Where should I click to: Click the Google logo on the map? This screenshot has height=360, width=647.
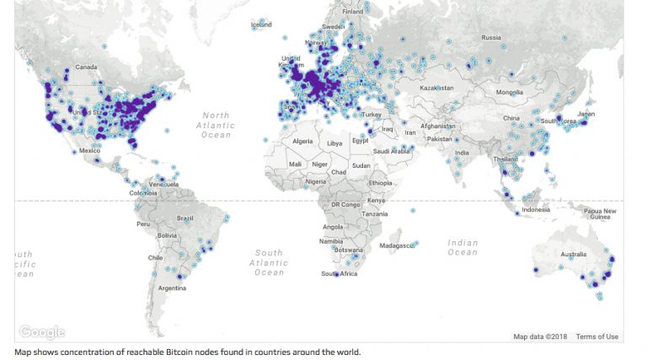(41, 332)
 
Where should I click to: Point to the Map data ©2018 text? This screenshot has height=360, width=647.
(541, 337)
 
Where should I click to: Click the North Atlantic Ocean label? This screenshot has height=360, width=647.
(216, 125)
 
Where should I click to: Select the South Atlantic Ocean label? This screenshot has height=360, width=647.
(269, 262)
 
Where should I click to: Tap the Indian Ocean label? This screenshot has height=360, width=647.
(463, 247)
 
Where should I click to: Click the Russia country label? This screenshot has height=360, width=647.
(491, 37)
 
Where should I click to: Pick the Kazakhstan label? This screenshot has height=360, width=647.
(437, 88)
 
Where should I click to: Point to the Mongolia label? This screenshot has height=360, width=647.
(510, 92)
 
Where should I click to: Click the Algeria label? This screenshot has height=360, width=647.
(302, 141)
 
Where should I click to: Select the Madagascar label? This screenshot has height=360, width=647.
(398, 245)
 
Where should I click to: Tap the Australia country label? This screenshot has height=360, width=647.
(574, 255)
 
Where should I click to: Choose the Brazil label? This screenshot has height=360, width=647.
(184, 218)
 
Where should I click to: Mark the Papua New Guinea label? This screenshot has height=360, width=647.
(600, 214)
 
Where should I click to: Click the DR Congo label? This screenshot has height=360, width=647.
(345, 205)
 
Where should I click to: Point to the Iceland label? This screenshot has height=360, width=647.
(261, 25)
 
